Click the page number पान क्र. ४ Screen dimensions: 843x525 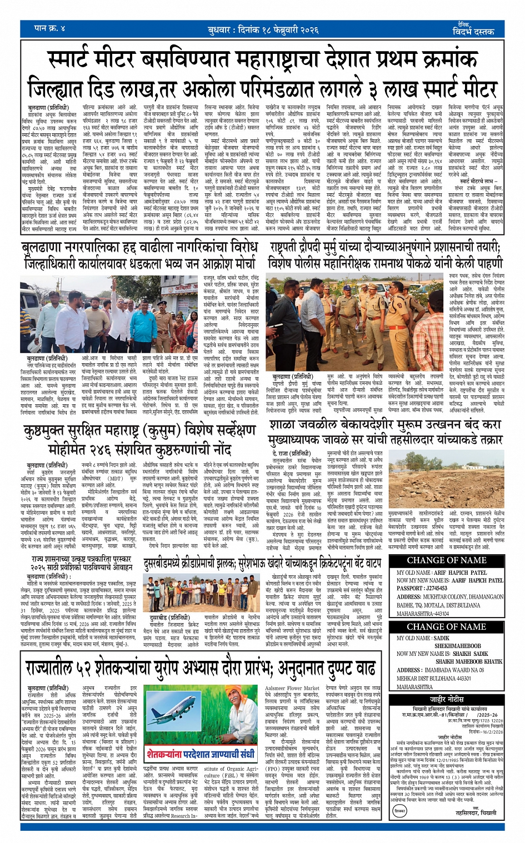tap(50, 27)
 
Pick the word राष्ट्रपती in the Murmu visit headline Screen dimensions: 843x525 tap(293, 247)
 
